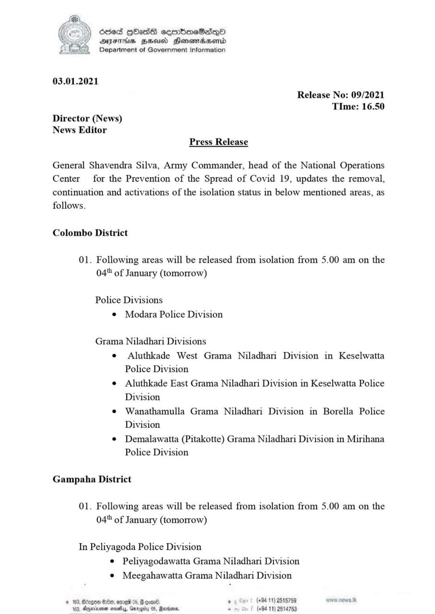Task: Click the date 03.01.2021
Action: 75,81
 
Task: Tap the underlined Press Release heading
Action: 218,142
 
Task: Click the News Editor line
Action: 80,130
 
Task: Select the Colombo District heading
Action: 90,233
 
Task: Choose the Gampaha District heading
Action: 92,479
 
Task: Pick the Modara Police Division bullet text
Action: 174,315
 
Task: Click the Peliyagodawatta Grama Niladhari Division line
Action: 211,561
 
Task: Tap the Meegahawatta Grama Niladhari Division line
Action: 207,575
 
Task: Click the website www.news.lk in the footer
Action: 340,600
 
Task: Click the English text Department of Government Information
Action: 162,50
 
